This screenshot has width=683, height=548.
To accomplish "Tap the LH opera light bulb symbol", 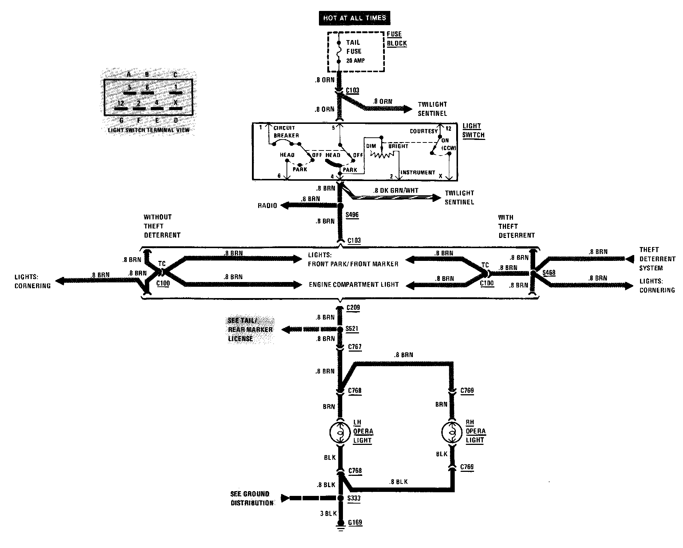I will point(340,432).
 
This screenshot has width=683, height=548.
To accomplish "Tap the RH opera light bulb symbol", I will point(452,432).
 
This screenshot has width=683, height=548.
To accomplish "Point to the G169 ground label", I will point(355,522).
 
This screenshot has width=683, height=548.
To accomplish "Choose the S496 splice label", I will point(352,215).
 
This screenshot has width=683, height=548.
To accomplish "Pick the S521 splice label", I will point(352,329).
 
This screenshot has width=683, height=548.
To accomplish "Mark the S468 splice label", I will point(549,273).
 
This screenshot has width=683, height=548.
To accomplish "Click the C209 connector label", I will point(353,308).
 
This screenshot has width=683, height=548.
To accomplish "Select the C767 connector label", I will point(355,347).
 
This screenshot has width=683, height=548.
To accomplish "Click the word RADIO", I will point(268,206).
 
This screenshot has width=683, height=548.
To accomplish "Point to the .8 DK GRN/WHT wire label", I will point(396,190).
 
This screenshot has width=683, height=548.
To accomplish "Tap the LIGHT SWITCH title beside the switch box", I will point(474,130).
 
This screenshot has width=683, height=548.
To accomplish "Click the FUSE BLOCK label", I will point(396,39).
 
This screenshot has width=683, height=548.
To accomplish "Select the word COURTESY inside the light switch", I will point(424,131).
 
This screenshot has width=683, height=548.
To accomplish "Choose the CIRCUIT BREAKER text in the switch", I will point(286,132).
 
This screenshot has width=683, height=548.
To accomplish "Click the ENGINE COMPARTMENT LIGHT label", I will point(354,285).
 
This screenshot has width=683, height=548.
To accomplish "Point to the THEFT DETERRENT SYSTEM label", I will point(657,259).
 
